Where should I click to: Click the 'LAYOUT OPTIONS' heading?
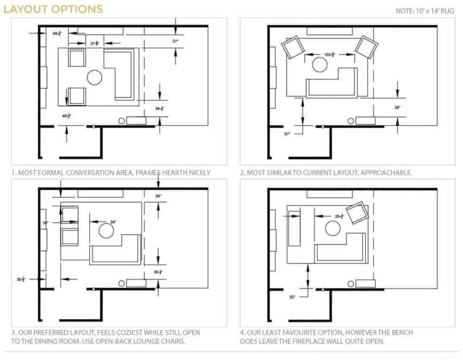(53, 9)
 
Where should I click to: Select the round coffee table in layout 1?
(95, 77)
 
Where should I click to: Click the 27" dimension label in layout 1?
(175, 41)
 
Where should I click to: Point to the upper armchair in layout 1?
(77, 58)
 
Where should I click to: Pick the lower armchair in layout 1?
(77, 95)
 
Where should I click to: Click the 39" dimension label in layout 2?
(397, 107)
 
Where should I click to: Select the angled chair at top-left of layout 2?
(292, 47)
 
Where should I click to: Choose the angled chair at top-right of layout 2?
(365, 46)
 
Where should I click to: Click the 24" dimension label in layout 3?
(113, 221)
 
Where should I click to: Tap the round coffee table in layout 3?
(106, 232)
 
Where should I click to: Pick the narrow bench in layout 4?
(294, 228)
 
